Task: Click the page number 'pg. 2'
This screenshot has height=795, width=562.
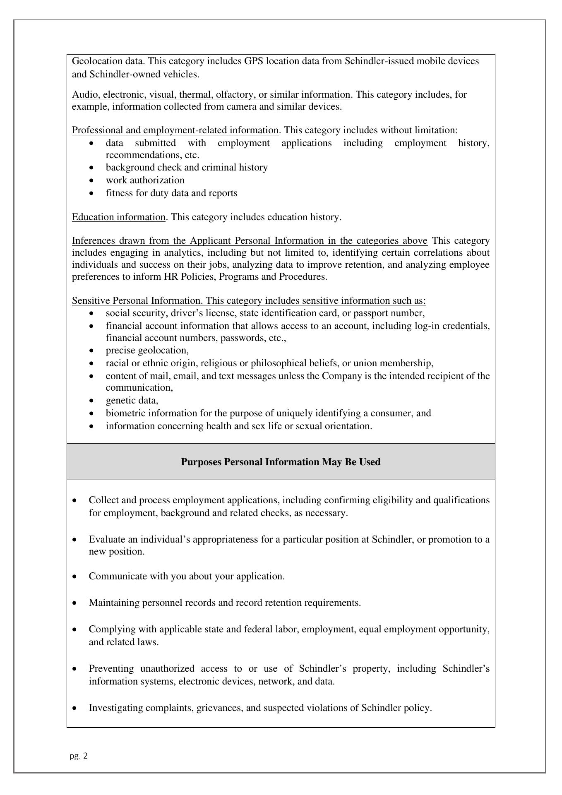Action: point(79,756)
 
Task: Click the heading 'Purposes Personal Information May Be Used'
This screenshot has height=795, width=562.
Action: point(281,462)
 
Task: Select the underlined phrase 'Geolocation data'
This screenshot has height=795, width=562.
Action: point(107,61)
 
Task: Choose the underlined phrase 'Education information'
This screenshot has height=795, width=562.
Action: point(119,217)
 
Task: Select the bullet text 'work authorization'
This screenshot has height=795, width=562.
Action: point(145,180)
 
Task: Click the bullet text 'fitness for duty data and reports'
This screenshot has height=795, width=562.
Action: point(171,193)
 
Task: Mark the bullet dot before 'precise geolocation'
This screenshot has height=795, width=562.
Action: point(91,351)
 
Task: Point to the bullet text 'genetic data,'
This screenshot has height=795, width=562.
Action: point(132,401)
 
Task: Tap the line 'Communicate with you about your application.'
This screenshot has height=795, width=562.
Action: point(187,576)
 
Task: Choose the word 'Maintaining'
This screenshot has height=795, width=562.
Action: point(114,603)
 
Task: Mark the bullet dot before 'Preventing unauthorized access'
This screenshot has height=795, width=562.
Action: point(74,669)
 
